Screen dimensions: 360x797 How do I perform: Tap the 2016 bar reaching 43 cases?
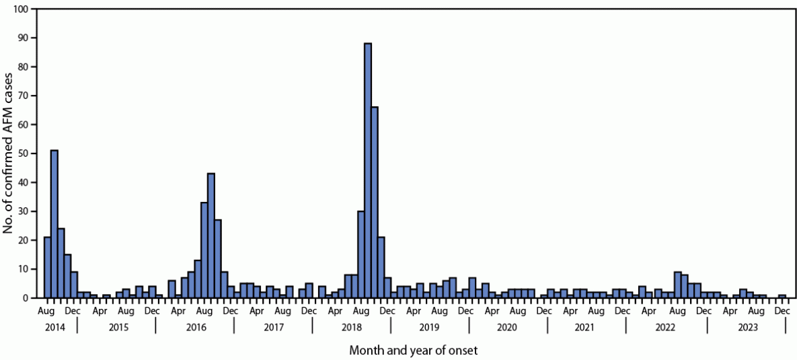(x=211, y=236)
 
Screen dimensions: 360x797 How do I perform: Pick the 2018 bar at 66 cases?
(x=375, y=202)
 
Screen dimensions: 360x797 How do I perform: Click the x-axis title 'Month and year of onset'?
(x=413, y=350)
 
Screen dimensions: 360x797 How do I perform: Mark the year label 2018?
(x=351, y=327)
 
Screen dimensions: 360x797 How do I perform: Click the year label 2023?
(x=747, y=327)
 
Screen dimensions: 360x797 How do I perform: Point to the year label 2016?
(x=194, y=327)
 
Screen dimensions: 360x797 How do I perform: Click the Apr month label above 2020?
(x=492, y=312)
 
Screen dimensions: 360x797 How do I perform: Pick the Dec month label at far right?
(x=782, y=312)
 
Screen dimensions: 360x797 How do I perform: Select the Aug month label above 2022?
(x=675, y=312)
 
